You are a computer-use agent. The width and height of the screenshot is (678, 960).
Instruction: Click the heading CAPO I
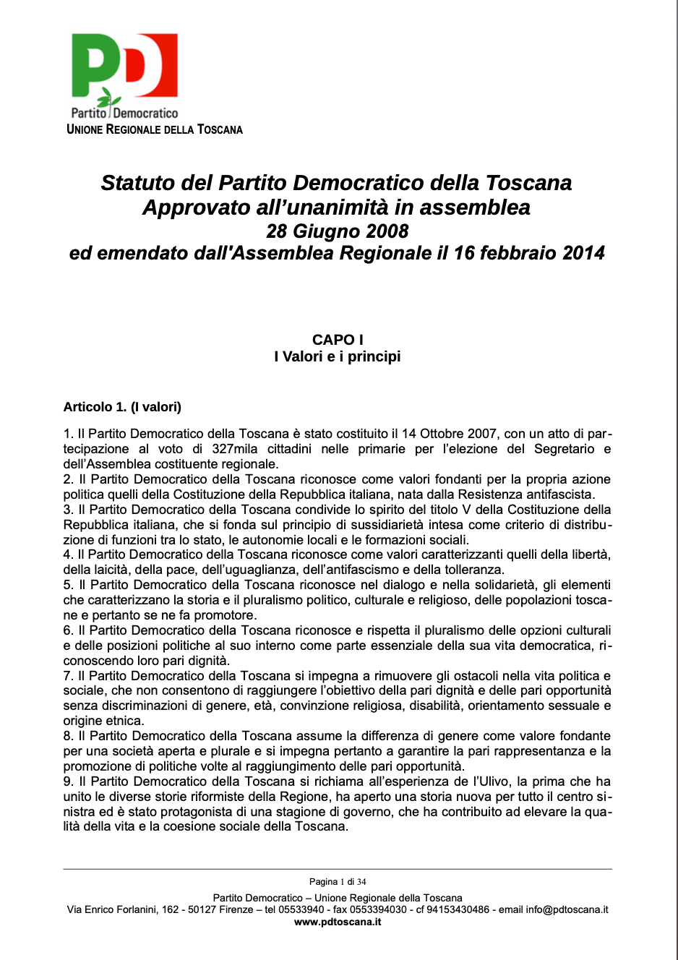338,340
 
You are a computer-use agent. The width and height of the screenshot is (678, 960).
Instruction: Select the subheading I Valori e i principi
338,356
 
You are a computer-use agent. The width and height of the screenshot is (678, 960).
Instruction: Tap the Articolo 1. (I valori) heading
122,407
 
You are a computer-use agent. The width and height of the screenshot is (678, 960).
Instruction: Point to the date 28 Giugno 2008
338,231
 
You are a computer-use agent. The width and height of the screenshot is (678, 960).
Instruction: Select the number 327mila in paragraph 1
234,449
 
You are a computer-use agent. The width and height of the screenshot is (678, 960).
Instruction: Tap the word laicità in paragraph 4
108,570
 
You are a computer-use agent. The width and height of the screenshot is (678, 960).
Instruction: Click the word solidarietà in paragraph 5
501,585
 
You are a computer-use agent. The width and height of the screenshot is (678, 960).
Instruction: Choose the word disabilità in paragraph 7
432,706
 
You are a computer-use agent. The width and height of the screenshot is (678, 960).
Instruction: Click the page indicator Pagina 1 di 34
338,882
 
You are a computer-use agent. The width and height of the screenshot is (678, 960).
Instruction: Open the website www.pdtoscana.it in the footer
338,922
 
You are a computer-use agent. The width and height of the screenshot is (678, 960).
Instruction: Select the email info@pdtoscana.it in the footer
567,909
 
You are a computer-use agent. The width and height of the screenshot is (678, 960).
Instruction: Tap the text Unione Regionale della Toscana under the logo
155,130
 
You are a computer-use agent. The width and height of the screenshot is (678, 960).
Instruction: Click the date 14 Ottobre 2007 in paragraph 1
449,434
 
